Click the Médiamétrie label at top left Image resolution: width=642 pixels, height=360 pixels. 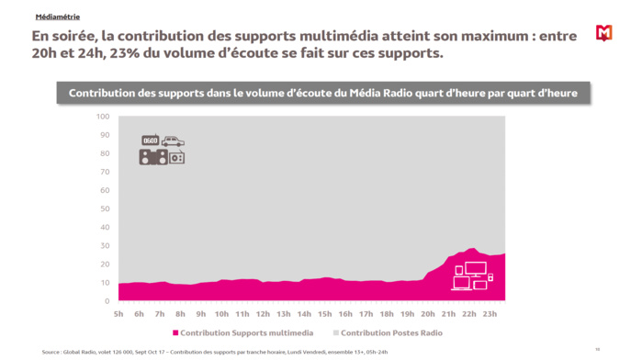pyautogui.click(x=56, y=17)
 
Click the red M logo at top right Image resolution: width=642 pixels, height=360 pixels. pyautogui.click(x=603, y=33)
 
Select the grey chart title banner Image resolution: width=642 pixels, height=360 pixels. pyautogui.click(x=322, y=94)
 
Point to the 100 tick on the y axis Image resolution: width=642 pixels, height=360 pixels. pyautogui.click(x=103, y=117)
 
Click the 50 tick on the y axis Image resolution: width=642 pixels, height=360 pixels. pyautogui.click(x=105, y=208)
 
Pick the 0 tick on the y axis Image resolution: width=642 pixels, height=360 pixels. pyautogui.click(x=107, y=301)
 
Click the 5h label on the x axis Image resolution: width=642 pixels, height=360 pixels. pyautogui.click(x=118, y=314)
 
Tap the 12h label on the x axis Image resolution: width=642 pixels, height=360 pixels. pyautogui.click(x=263, y=314)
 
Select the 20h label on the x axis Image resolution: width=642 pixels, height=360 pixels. pyautogui.click(x=428, y=314)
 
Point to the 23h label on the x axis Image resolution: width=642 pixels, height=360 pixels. pyautogui.click(x=490, y=314)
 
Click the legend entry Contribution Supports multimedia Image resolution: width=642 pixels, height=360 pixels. pyautogui.click(x=242, y=332)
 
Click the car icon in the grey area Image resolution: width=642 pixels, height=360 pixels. pyautogui.click(x=173, y=141)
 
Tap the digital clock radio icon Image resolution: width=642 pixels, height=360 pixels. pyautogui.click(x=150, y=141)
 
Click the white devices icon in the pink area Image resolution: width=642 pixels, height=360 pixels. pyautogui.click(x=472, y=276)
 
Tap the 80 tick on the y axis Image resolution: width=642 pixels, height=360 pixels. pyautogui.click(x=105, y=153)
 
